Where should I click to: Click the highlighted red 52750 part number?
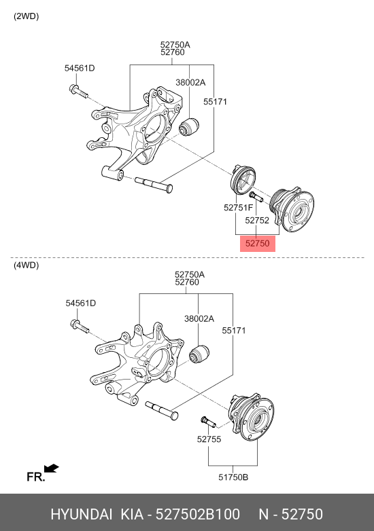click(x=258, y=243)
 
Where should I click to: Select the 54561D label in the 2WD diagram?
click(x=80, y=68)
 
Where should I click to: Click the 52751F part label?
click(x=239, y=207)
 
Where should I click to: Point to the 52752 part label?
click(x=258, y=221)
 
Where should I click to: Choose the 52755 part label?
click(x=209, y=439)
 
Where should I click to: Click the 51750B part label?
click(x=233, y=477)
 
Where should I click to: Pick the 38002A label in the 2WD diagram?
click(x=190, y=82)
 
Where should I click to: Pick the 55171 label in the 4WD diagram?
click(x=233, y=331)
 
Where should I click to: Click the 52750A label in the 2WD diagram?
click(x=175, y=43)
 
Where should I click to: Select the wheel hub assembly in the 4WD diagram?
click(x=252, y=414)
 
